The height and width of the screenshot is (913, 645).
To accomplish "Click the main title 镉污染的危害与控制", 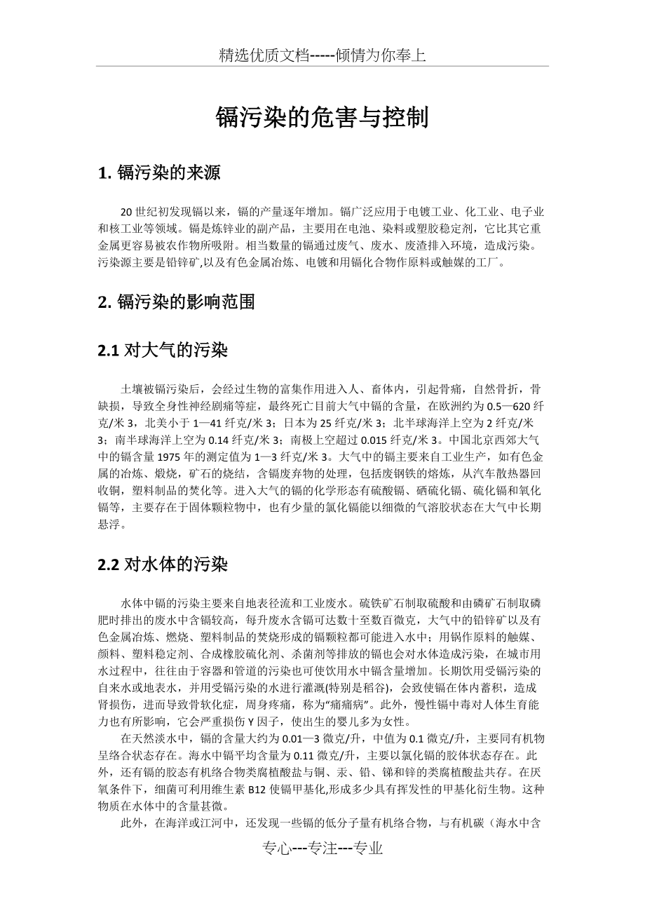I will (322, 118).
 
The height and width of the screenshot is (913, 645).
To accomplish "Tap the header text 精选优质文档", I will (264, 55).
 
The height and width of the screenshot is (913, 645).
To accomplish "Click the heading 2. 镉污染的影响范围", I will (176, 302).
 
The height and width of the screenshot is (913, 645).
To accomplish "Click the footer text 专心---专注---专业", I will (322, 848).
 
